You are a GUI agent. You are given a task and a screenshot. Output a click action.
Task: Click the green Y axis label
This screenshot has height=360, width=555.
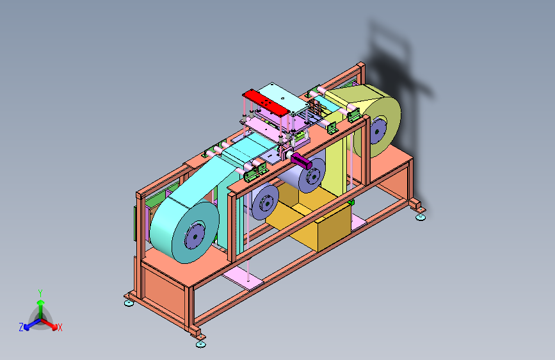(x=40, y=293)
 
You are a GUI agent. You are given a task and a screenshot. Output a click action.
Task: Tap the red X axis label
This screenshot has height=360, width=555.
(x=60, y=327)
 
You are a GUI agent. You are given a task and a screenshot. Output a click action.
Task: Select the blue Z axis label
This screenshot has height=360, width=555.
(x=21, y=327)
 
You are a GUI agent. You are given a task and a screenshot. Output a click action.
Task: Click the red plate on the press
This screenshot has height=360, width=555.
(x=266, y=102)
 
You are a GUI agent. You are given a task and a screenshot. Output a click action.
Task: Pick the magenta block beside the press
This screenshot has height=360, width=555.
(x=302, y=161)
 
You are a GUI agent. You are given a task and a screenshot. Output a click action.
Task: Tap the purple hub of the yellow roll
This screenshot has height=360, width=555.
(x=377, y=132)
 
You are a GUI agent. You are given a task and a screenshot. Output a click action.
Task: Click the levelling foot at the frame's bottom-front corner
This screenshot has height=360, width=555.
(x=201, y=344)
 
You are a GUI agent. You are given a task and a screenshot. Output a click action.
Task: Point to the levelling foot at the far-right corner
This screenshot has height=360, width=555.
(x=420, y=217)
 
